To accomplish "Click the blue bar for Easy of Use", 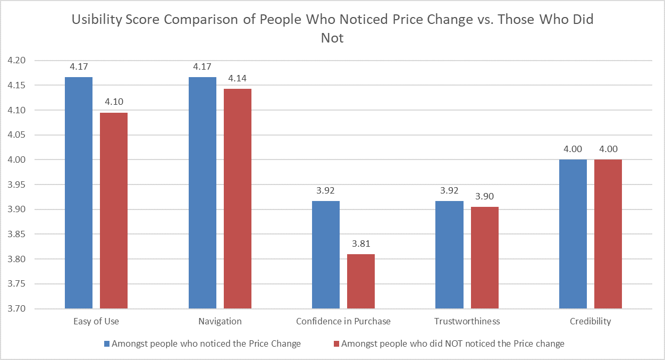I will pos(79,192).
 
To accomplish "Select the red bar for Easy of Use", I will pos(114,211).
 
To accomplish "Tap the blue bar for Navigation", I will pos(203,192).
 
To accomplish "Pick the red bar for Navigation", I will pos(238,198).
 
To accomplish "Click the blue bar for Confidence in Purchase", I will pos(326,255).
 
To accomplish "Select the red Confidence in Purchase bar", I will pos(361,281).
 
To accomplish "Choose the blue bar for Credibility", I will pos(573,234).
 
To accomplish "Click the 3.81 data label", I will pos(361,244).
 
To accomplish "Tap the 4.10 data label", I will pos(114,102).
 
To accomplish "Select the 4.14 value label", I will pos(238,78).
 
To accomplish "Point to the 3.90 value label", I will pos(485,196).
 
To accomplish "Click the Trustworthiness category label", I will pos(467,321).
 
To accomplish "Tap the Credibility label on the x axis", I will pos(591,321).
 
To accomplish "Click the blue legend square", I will pos(107,344).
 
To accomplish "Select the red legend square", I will pos(336,344).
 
